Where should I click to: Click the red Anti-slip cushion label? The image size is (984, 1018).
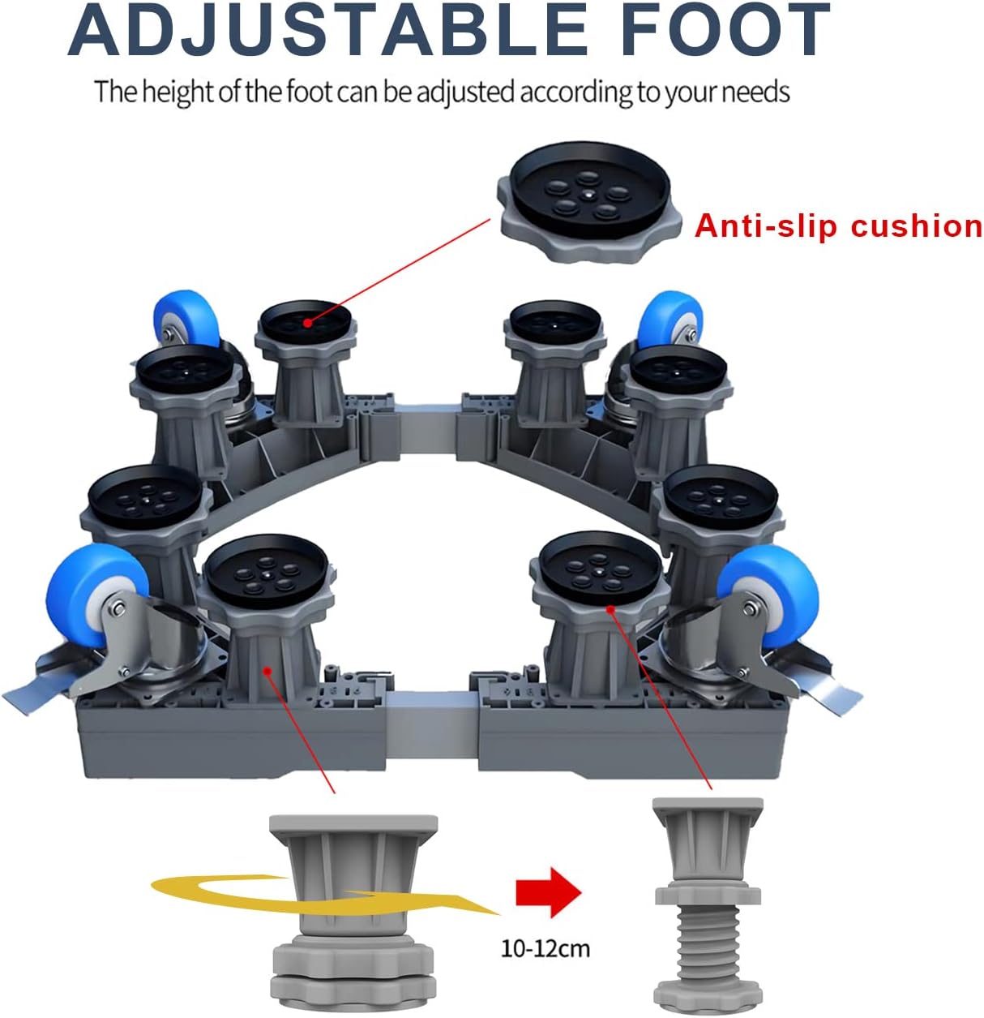838,226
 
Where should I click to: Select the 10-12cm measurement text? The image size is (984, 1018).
545,947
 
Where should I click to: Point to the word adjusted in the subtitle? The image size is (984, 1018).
465,92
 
